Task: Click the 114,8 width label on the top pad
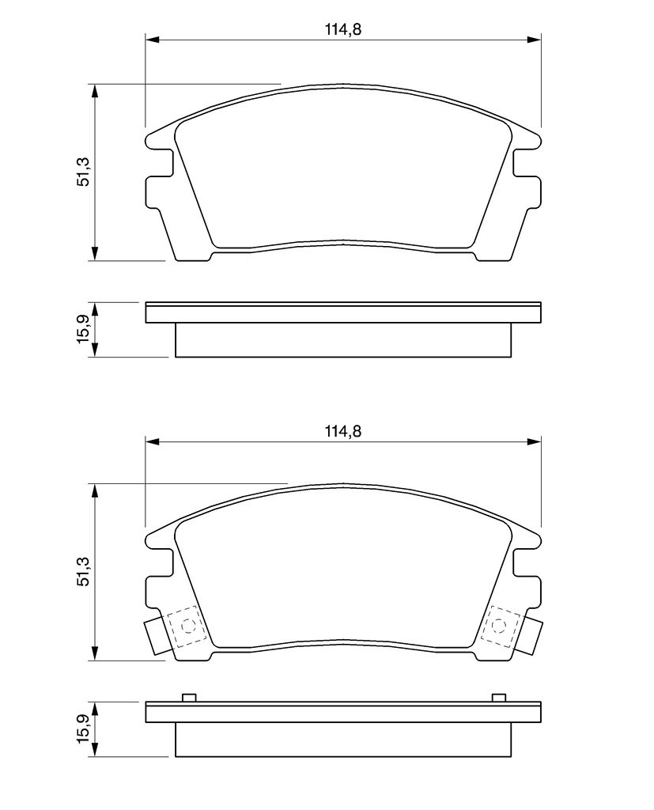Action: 342,29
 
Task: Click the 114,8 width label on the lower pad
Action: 342,431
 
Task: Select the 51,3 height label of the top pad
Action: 85,172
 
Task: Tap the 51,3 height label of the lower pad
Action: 85,572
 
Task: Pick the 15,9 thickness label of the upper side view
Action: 85,329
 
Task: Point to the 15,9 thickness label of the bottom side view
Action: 85,729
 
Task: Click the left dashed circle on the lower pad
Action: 187,626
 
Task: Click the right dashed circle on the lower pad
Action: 498,626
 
